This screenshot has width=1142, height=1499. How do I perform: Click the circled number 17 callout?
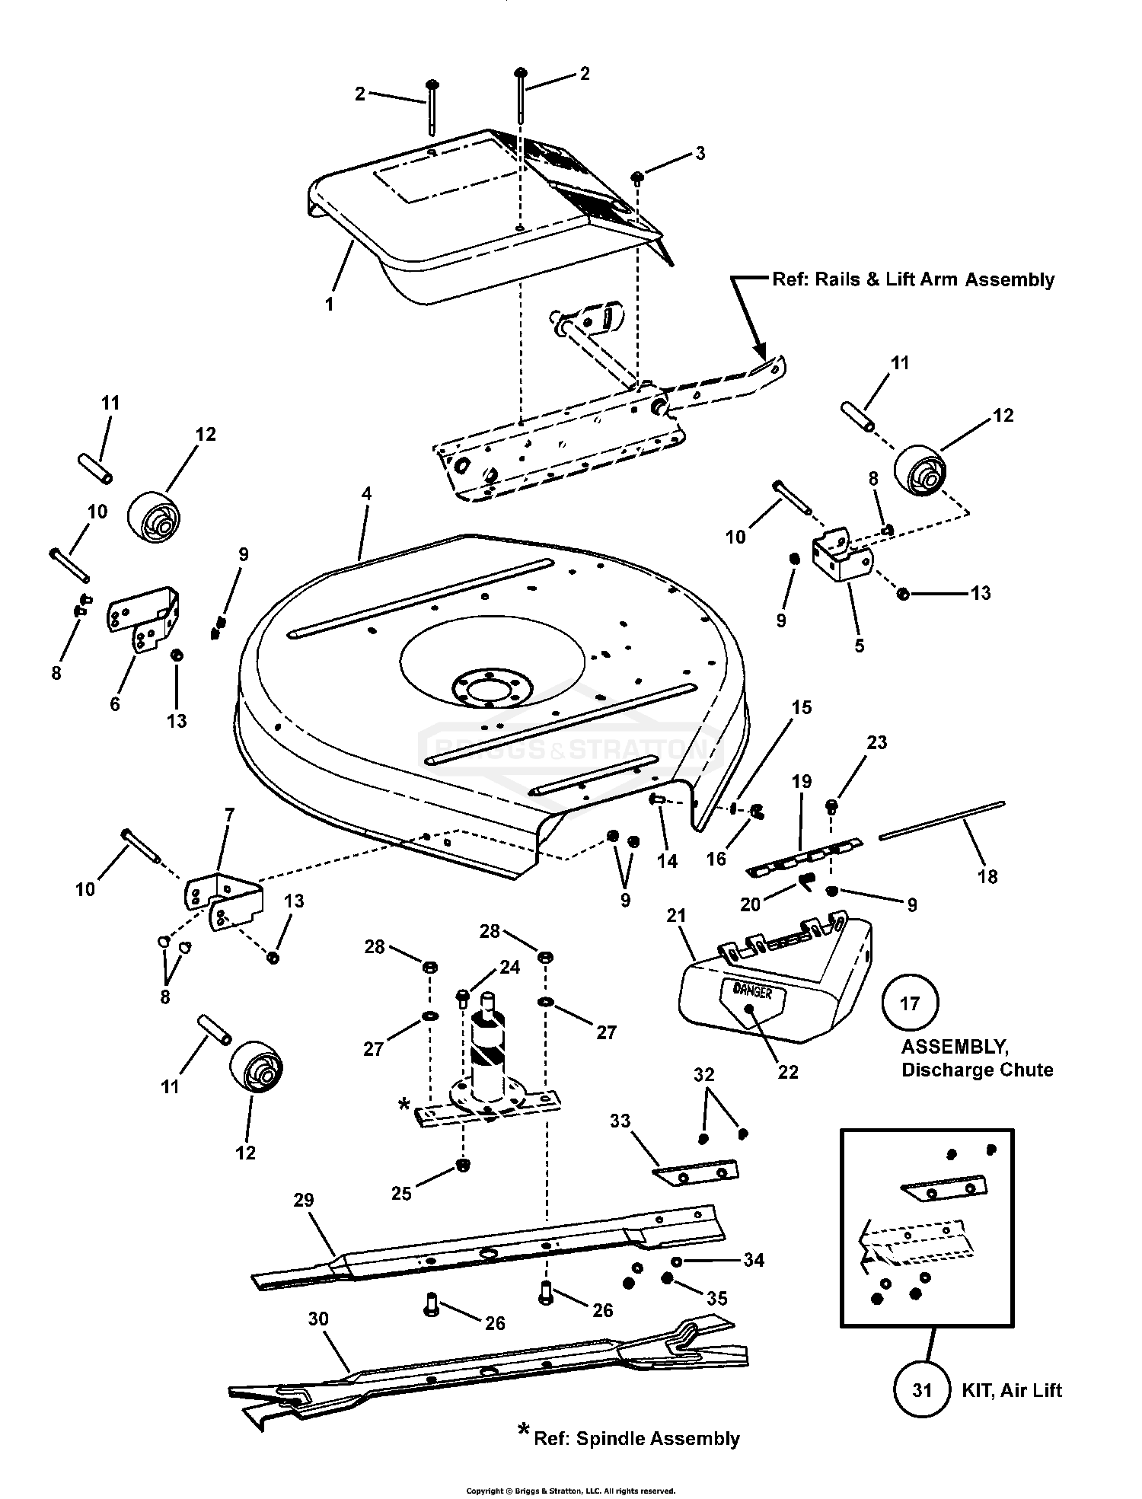tap(911, 1003)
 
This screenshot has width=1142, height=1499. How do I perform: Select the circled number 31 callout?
tap(923, 1391)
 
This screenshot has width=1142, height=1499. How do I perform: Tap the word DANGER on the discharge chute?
tap(752, 991)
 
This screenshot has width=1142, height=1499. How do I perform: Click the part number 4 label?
tap(366, 493)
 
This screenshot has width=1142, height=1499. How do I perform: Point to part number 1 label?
tap(329, 304)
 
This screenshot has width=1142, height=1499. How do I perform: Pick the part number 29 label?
tap(304, 1201)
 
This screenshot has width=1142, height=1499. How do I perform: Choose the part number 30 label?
tap(318, 1319)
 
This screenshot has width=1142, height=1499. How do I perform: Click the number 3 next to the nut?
tap(700, 154)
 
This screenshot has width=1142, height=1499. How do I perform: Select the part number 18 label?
tap(987, 876)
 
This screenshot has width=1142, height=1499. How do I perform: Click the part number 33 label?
tap(620, 1121)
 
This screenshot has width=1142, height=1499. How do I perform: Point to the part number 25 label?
tap(401, 1193)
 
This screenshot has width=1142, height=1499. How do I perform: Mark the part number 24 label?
tap(509, 967)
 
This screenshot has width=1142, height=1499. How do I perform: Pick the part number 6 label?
tap(115, 704)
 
